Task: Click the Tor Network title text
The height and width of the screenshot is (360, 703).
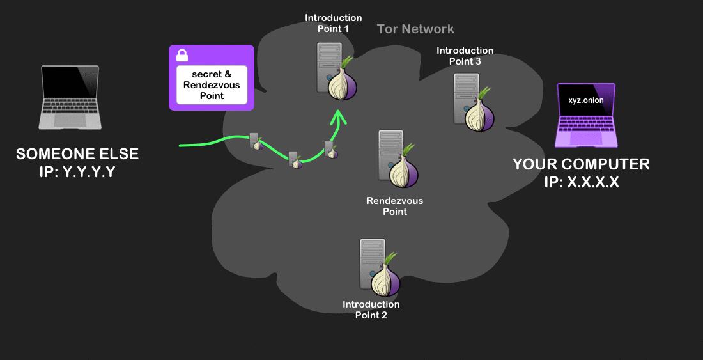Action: coord(415,29)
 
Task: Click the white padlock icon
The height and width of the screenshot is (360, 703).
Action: coord(182,55)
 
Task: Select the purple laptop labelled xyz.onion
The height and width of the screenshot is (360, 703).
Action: coord(585,116)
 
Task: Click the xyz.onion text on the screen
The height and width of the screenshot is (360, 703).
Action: coord(585,100)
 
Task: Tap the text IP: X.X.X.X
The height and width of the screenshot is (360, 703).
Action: coord(581,182)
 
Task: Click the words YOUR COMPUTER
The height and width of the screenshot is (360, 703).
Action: coord(581,164)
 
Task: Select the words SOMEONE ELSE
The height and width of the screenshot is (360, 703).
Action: coord(77,154)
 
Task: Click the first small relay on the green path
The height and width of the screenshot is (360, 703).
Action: coord(256,141)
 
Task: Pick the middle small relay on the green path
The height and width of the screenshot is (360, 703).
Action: coord(295,160)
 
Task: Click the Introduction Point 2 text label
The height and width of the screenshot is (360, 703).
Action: coord(371,309)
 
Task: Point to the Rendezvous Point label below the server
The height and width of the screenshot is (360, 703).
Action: coord(394,206)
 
